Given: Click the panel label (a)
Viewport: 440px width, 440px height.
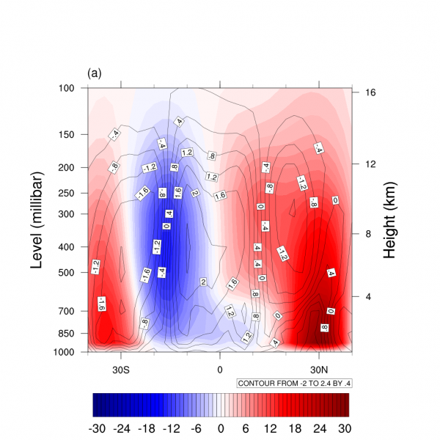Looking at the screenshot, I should pyautogui.click(x=94, y=73).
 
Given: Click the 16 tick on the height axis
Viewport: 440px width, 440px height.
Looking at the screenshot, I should pyautogui.click(x=370, y=92).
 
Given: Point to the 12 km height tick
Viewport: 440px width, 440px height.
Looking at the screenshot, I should pyautogui.click(x=370, y=164).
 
